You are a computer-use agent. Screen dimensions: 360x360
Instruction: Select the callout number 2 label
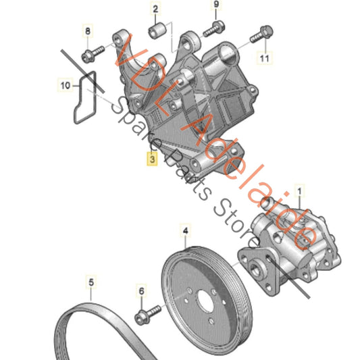155,9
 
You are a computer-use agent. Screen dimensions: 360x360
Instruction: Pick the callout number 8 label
86,31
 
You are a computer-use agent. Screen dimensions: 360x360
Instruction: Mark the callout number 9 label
217,5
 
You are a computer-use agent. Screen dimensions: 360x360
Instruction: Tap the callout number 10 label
65,86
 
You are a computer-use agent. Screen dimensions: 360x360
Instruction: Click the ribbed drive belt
95,324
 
